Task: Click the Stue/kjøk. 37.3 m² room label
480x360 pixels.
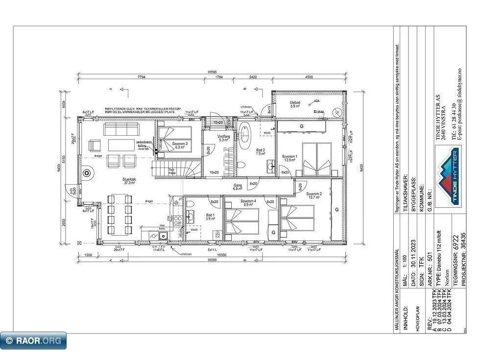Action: click(x=129, y=182)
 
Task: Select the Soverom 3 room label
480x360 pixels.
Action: click(x=179, y=145)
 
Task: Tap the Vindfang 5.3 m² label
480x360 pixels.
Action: click(x=224, y=138)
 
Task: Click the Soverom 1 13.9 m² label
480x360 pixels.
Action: click(x=289, y=159)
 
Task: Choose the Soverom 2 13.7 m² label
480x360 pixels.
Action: click(x=314, y=195)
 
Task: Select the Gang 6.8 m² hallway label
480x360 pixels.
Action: click(x=238, y=187)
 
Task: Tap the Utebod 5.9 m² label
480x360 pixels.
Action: click(x=295, y=104)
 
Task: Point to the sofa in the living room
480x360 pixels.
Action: click(x=120, y=129)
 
